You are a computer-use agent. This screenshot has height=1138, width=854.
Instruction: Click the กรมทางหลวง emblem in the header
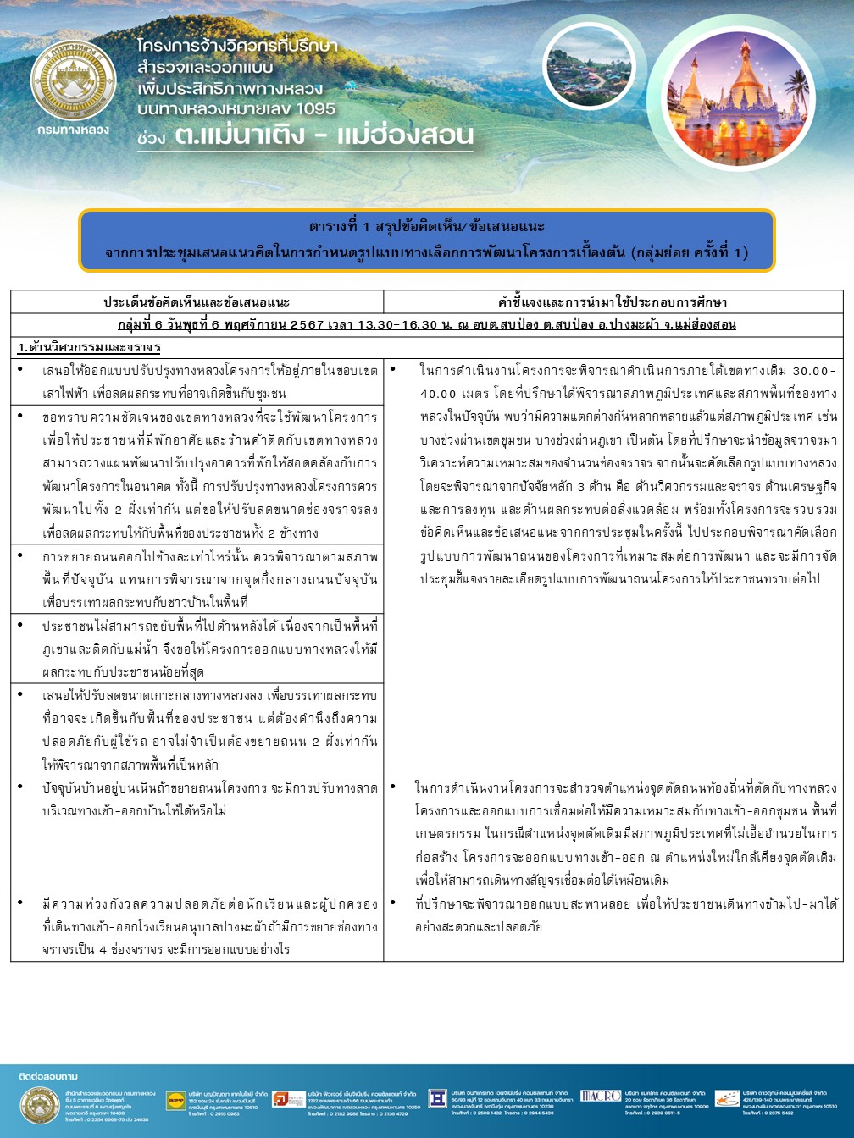(x=73, y=81)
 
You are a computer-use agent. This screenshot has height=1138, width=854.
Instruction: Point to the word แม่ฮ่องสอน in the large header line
(x=405, y=135)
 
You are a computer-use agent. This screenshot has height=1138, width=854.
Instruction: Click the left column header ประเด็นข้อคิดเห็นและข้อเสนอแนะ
(x=197, y=301)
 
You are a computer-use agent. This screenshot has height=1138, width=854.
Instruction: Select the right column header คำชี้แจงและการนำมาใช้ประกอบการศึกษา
(x=613, y=301)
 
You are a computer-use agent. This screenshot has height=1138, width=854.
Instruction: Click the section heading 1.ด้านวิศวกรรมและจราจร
(x=89, y=347)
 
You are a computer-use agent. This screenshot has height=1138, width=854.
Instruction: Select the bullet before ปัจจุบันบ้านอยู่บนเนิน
(x=20, y=787)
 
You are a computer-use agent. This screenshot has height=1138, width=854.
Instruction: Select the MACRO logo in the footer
(x=601, y=1096)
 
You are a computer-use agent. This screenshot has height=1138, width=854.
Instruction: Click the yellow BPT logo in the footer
(x=175, y=1099)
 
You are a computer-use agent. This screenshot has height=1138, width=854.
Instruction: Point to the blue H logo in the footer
(x=437, y=1098)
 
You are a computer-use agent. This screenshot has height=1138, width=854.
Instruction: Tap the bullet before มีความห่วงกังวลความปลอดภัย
(x=20, y=903)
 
